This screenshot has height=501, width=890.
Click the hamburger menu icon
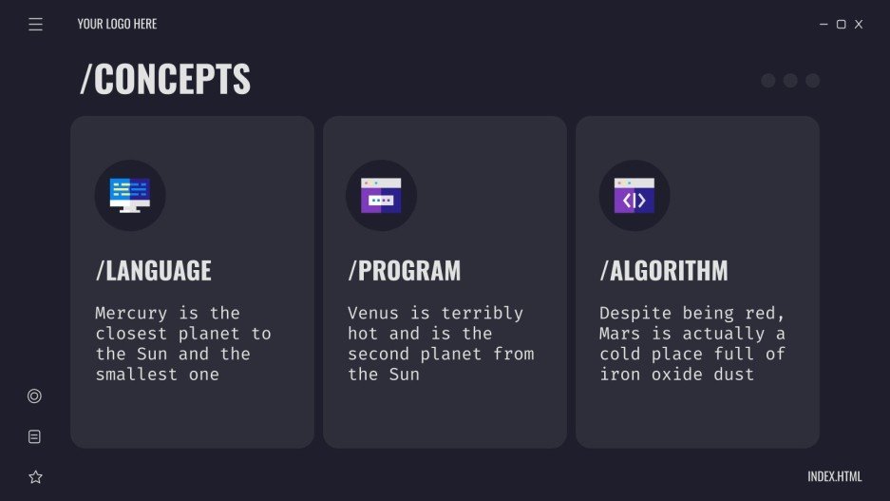pos(36,25)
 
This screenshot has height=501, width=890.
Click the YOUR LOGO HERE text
pos(117,24)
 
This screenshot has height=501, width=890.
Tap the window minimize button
pos(824,25)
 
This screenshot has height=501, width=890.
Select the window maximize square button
pos(841,25)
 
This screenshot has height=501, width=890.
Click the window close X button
pos(859,25)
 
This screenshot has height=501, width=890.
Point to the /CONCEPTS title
pos(165,80)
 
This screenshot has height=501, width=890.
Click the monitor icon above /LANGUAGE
pos(130,195)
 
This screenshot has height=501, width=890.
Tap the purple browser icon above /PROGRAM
pos(381,195)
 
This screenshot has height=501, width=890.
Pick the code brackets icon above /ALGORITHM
pos(634,195)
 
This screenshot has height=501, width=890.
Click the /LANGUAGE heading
pos(154,270)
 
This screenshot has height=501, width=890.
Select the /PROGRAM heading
pos(404,270)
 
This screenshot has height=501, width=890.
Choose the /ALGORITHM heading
pos(664,270)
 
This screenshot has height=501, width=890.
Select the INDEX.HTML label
pos(835,476)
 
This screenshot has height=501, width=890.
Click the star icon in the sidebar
pos(35,477)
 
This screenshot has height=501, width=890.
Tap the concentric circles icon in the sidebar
pos(35,396)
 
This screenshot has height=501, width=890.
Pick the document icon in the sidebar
pos(35,437)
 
